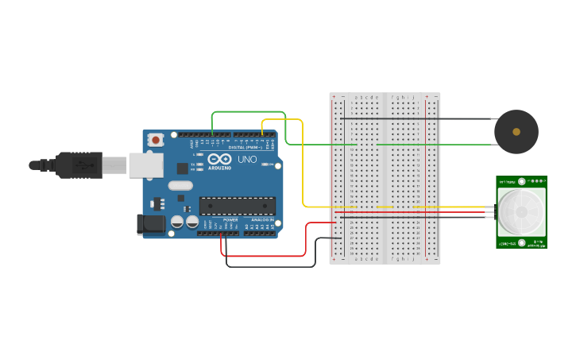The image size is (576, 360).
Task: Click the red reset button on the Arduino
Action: (157, 140)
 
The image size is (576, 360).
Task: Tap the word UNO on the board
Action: (247, 160)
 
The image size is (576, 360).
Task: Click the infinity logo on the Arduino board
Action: (219, 159)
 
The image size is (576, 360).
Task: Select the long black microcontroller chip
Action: (238, 206)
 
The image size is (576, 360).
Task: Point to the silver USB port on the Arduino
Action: (146, 165)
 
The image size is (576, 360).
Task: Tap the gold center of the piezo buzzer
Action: (516, 131)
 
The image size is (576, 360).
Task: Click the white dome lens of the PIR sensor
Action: (521, 211)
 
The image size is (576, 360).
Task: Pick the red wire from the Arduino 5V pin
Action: (262, 256)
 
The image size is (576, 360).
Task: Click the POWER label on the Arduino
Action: (230, 220)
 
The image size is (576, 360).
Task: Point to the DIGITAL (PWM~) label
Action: (245, 148)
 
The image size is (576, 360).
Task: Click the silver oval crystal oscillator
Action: (180, 186)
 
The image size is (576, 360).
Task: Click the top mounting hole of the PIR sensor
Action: (522, 182)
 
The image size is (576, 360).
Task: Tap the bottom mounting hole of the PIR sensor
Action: (522, 242)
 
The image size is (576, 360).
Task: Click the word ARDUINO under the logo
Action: (219, 168)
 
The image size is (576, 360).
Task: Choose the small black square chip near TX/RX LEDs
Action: (182, 168)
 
